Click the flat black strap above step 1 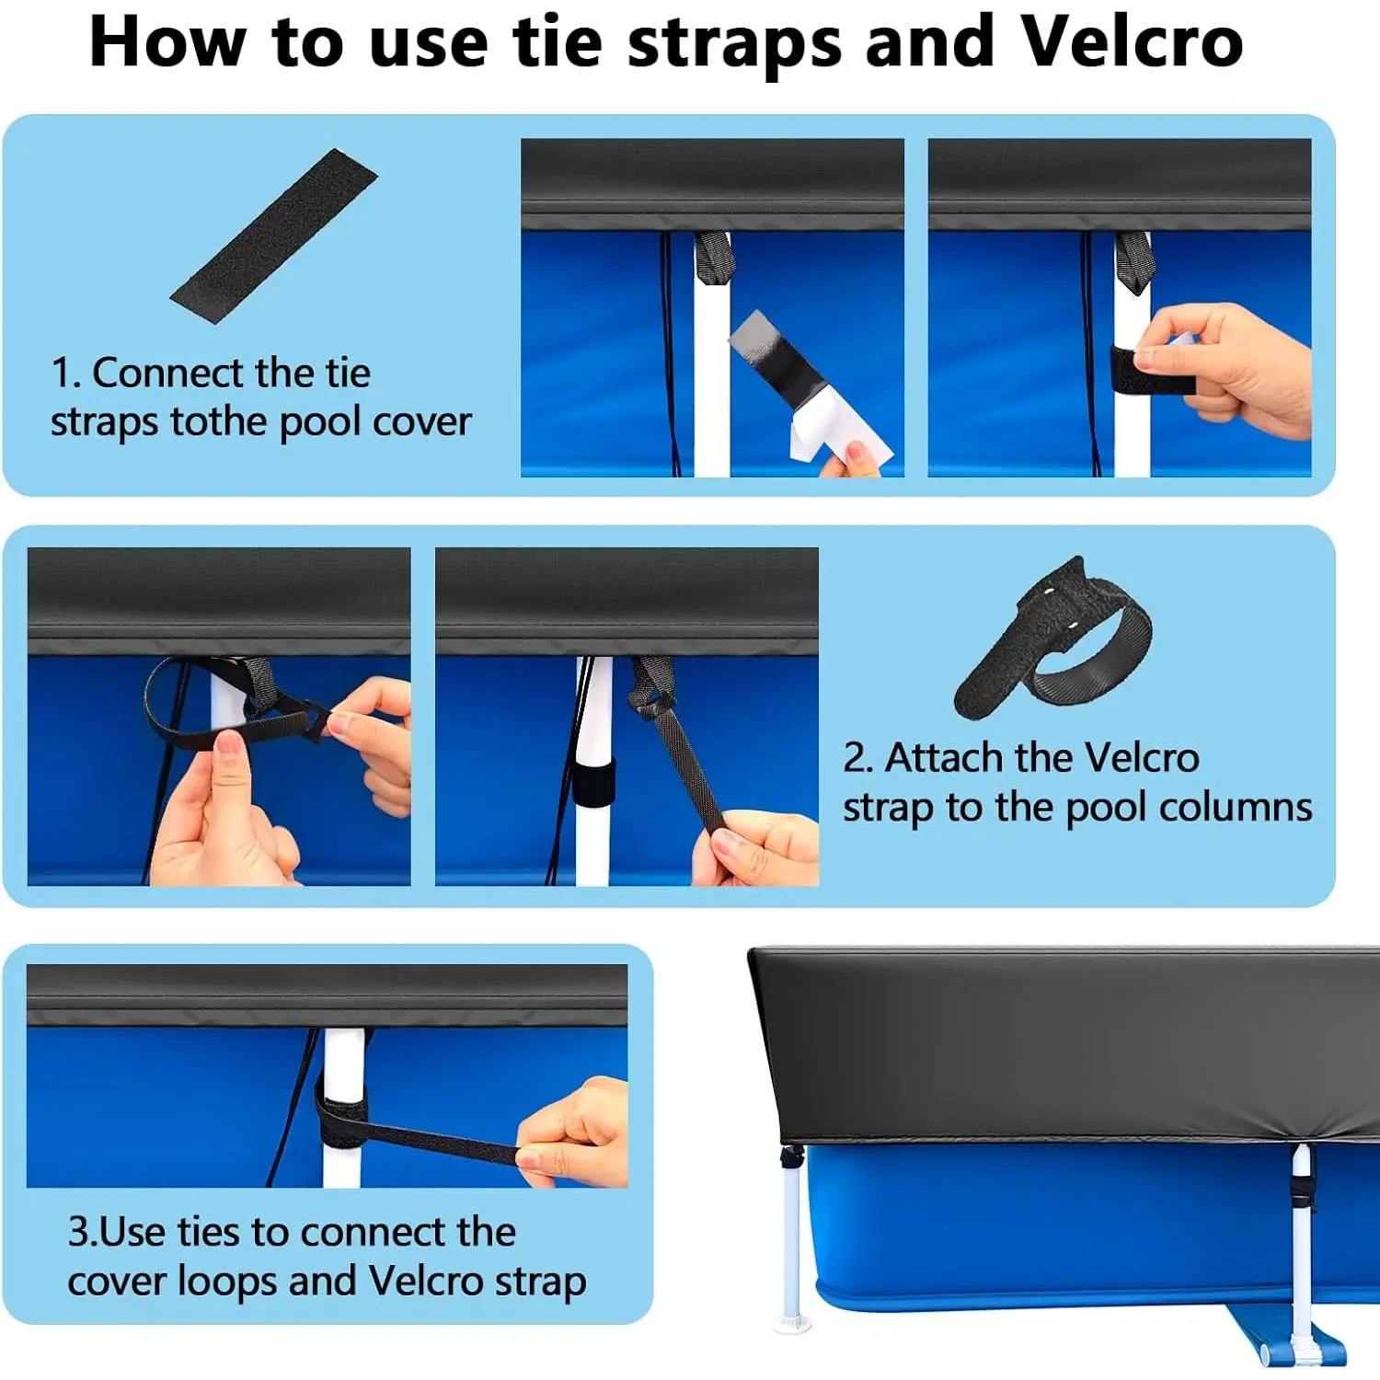pos(274,236)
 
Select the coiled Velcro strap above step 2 pos(1052,638)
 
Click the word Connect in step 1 pos(169,373)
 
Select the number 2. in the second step pos(857,758)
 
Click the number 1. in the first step pos(66,373)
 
